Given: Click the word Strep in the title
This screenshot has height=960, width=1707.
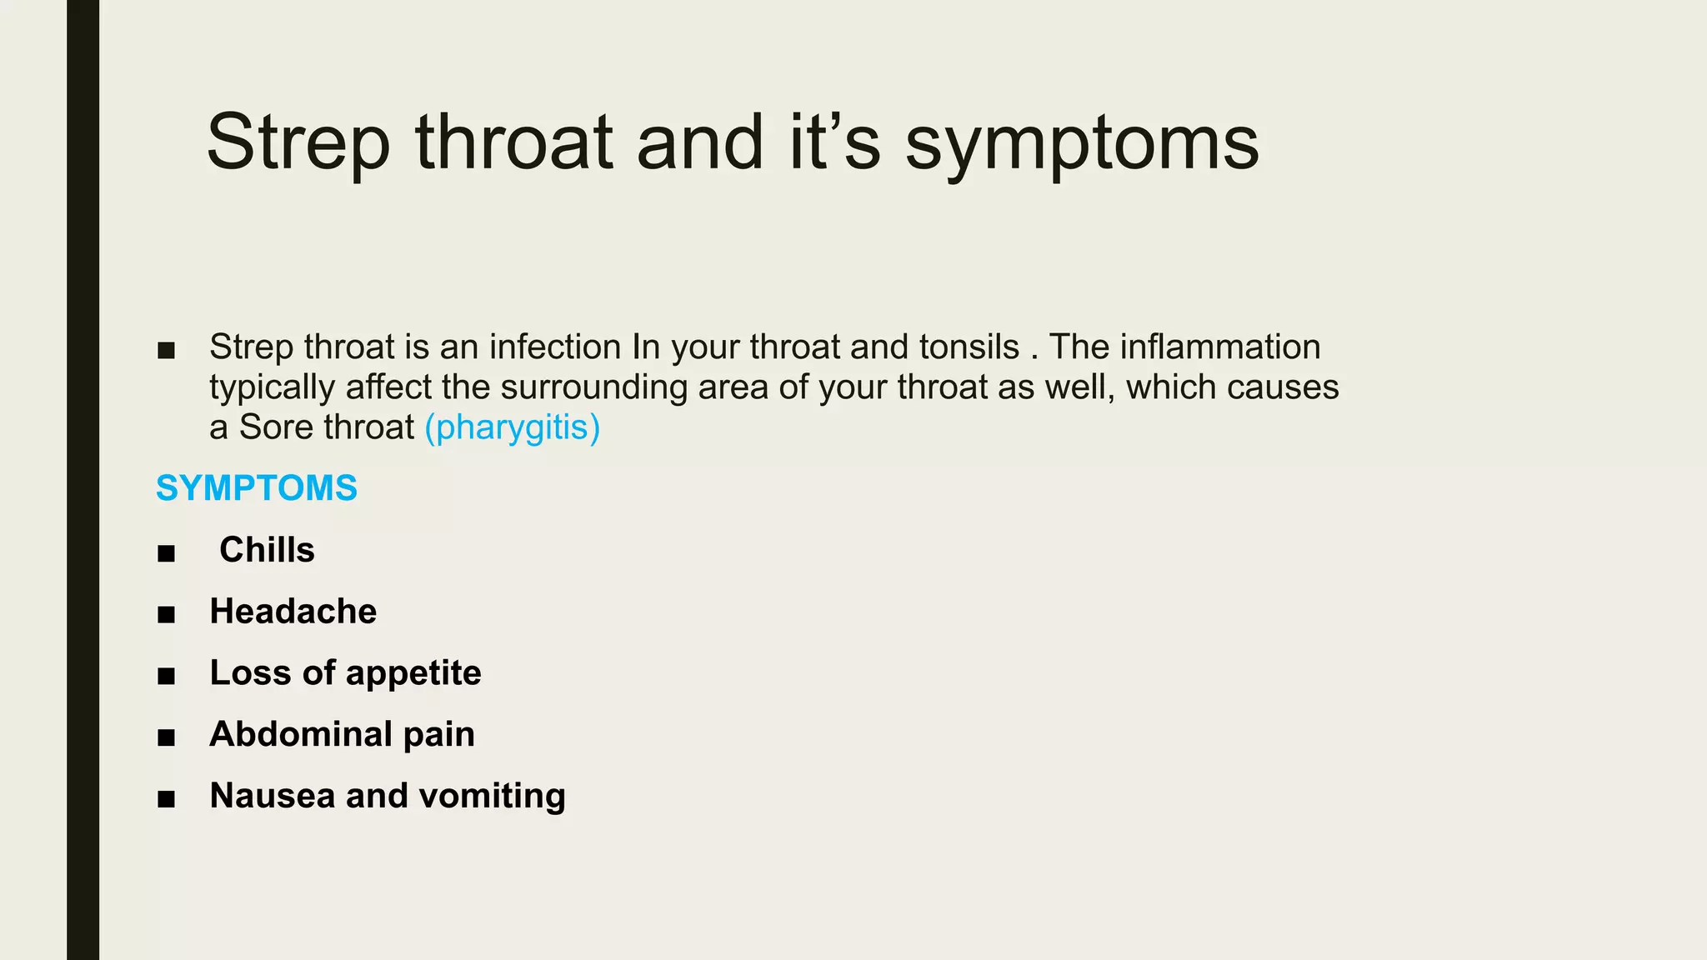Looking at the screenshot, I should (x=298, y=143).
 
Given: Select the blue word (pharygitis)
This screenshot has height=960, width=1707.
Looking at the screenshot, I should (x=512, y=427).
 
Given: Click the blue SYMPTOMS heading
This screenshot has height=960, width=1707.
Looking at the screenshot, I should (x=257, y=488).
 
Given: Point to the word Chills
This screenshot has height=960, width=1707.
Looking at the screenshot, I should (x=267, y=550).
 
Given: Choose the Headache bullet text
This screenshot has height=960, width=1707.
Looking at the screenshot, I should (x=293, y=612).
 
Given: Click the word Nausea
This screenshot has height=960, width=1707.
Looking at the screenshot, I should (x=273, y=796).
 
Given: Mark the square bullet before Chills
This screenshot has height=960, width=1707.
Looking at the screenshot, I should (x=166, y=553).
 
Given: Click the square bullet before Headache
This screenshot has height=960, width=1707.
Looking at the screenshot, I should (x=166, y=615).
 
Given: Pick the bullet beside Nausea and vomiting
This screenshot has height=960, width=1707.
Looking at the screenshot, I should (x=166, y=799).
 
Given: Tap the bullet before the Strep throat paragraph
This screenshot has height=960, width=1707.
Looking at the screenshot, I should (x=166, y=351).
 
